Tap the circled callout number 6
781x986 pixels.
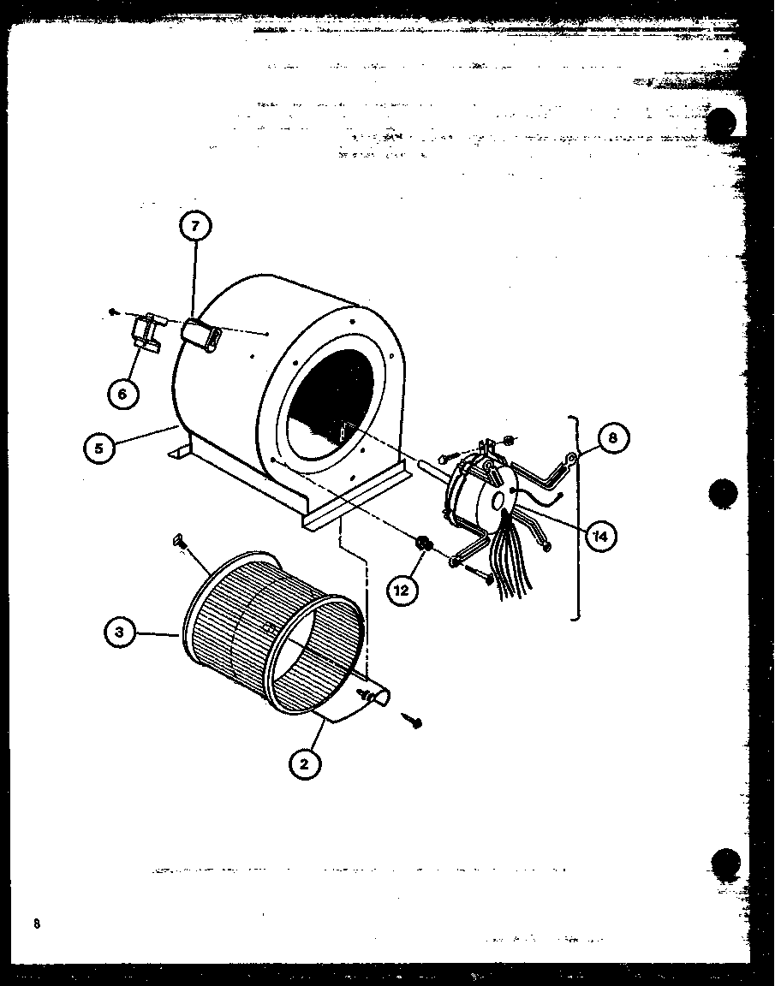tap(122, 393)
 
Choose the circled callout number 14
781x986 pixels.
tap(602, 537)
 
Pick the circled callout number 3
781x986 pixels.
tap(120, 634)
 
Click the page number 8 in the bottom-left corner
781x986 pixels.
tap(37, 924)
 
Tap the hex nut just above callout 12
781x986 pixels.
tap(422, 543)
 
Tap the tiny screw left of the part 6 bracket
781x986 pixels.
tap(113, 313)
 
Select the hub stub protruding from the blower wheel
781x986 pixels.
tap(378, 697)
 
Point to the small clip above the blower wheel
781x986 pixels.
tap(179, 538)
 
